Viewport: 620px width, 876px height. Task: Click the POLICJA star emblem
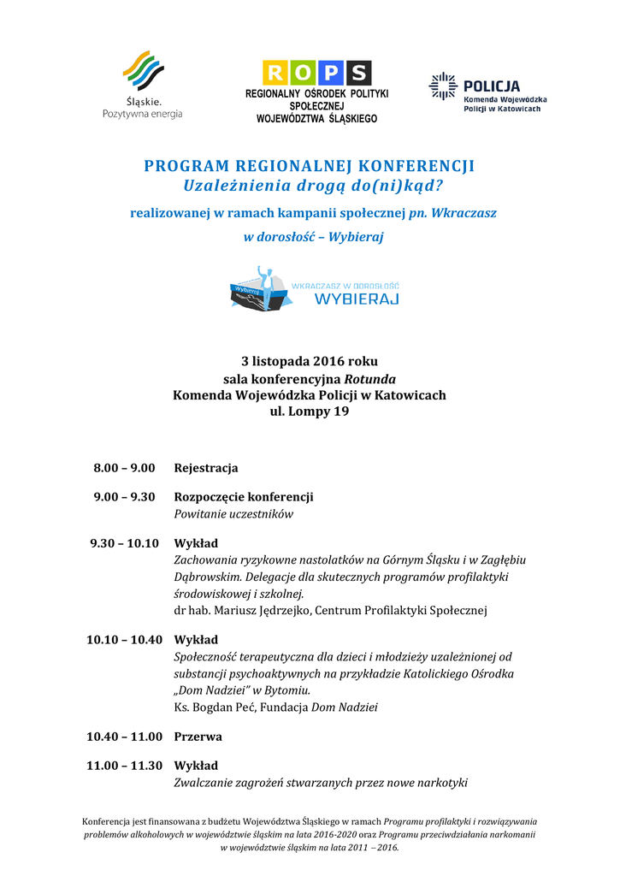442,86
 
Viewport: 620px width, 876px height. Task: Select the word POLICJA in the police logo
492,86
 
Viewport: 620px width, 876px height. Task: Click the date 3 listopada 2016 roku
310,361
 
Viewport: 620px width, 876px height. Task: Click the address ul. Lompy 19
310,411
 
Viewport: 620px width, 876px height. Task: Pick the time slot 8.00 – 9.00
124,468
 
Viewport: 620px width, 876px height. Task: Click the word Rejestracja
206,468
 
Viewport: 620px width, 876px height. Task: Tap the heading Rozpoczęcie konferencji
244,497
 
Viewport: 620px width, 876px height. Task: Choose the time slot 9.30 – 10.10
124,543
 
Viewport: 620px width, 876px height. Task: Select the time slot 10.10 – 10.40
124,640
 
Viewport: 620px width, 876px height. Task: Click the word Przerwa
198,737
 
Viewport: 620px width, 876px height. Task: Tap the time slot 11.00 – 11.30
124,766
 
